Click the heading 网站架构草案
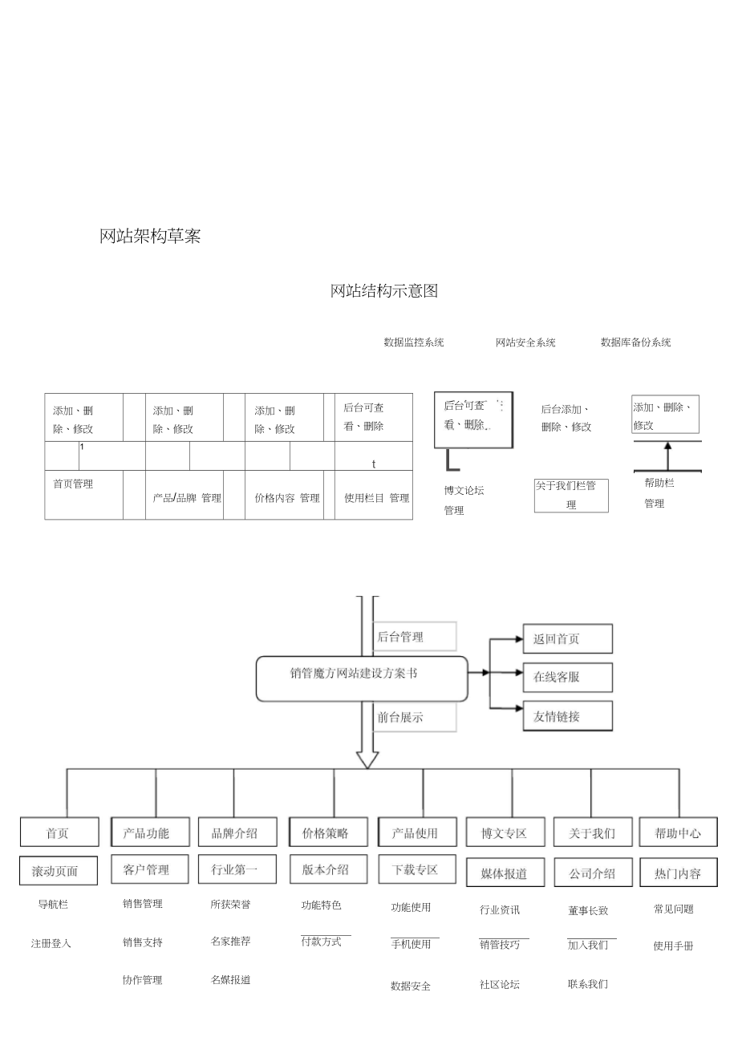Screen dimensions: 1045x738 pos(150,237)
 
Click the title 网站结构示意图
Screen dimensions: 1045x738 pos(384,291)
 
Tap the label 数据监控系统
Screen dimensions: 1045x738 pos(413,342)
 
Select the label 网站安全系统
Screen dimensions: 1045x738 pos(525,342)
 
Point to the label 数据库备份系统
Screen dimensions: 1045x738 pos(635,342)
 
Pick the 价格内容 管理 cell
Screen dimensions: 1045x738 pos(287,498)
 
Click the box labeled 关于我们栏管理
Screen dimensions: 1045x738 pos(571,496)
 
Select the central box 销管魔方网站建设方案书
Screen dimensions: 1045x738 pos(361,678)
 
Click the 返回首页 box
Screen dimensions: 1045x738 pos(567,639)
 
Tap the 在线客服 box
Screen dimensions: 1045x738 pos(567,677)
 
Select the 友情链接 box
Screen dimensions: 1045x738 pos(567,716)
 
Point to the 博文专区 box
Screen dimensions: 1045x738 pos(505,832)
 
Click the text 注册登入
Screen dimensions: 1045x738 pos(51,943)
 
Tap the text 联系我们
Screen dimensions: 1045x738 pos(587,983)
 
